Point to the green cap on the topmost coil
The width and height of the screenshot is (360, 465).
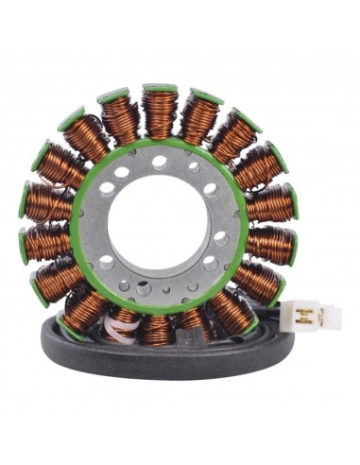(160, 90)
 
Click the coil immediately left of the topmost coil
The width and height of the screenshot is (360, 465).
(120, 121)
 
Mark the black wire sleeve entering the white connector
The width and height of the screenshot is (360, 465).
(283, 321)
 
